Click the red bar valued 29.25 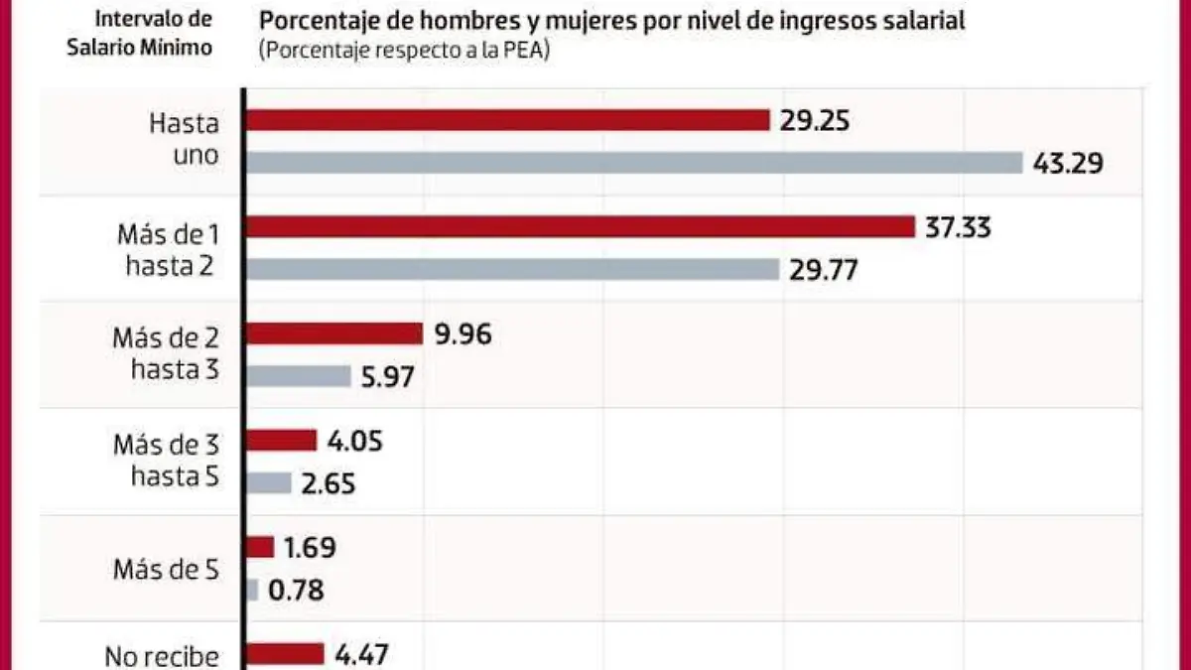pos(507,120)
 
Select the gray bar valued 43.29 pos(633,162)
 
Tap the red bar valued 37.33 pos(580,227)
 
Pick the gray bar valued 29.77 pos(512,269)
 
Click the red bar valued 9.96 pos(334,334)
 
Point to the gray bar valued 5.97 pos(299,375)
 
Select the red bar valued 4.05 pos(281,441)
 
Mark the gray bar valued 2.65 pos(269,482)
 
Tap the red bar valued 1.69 pos(260,547)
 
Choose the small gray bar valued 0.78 pos(252,590)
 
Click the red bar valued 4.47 pos(285,653)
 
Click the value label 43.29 pos(1068,162)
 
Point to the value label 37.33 pos(957,227)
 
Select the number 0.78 pos(296,590)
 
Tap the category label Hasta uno pos(183,141)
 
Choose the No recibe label pos(161,655)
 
